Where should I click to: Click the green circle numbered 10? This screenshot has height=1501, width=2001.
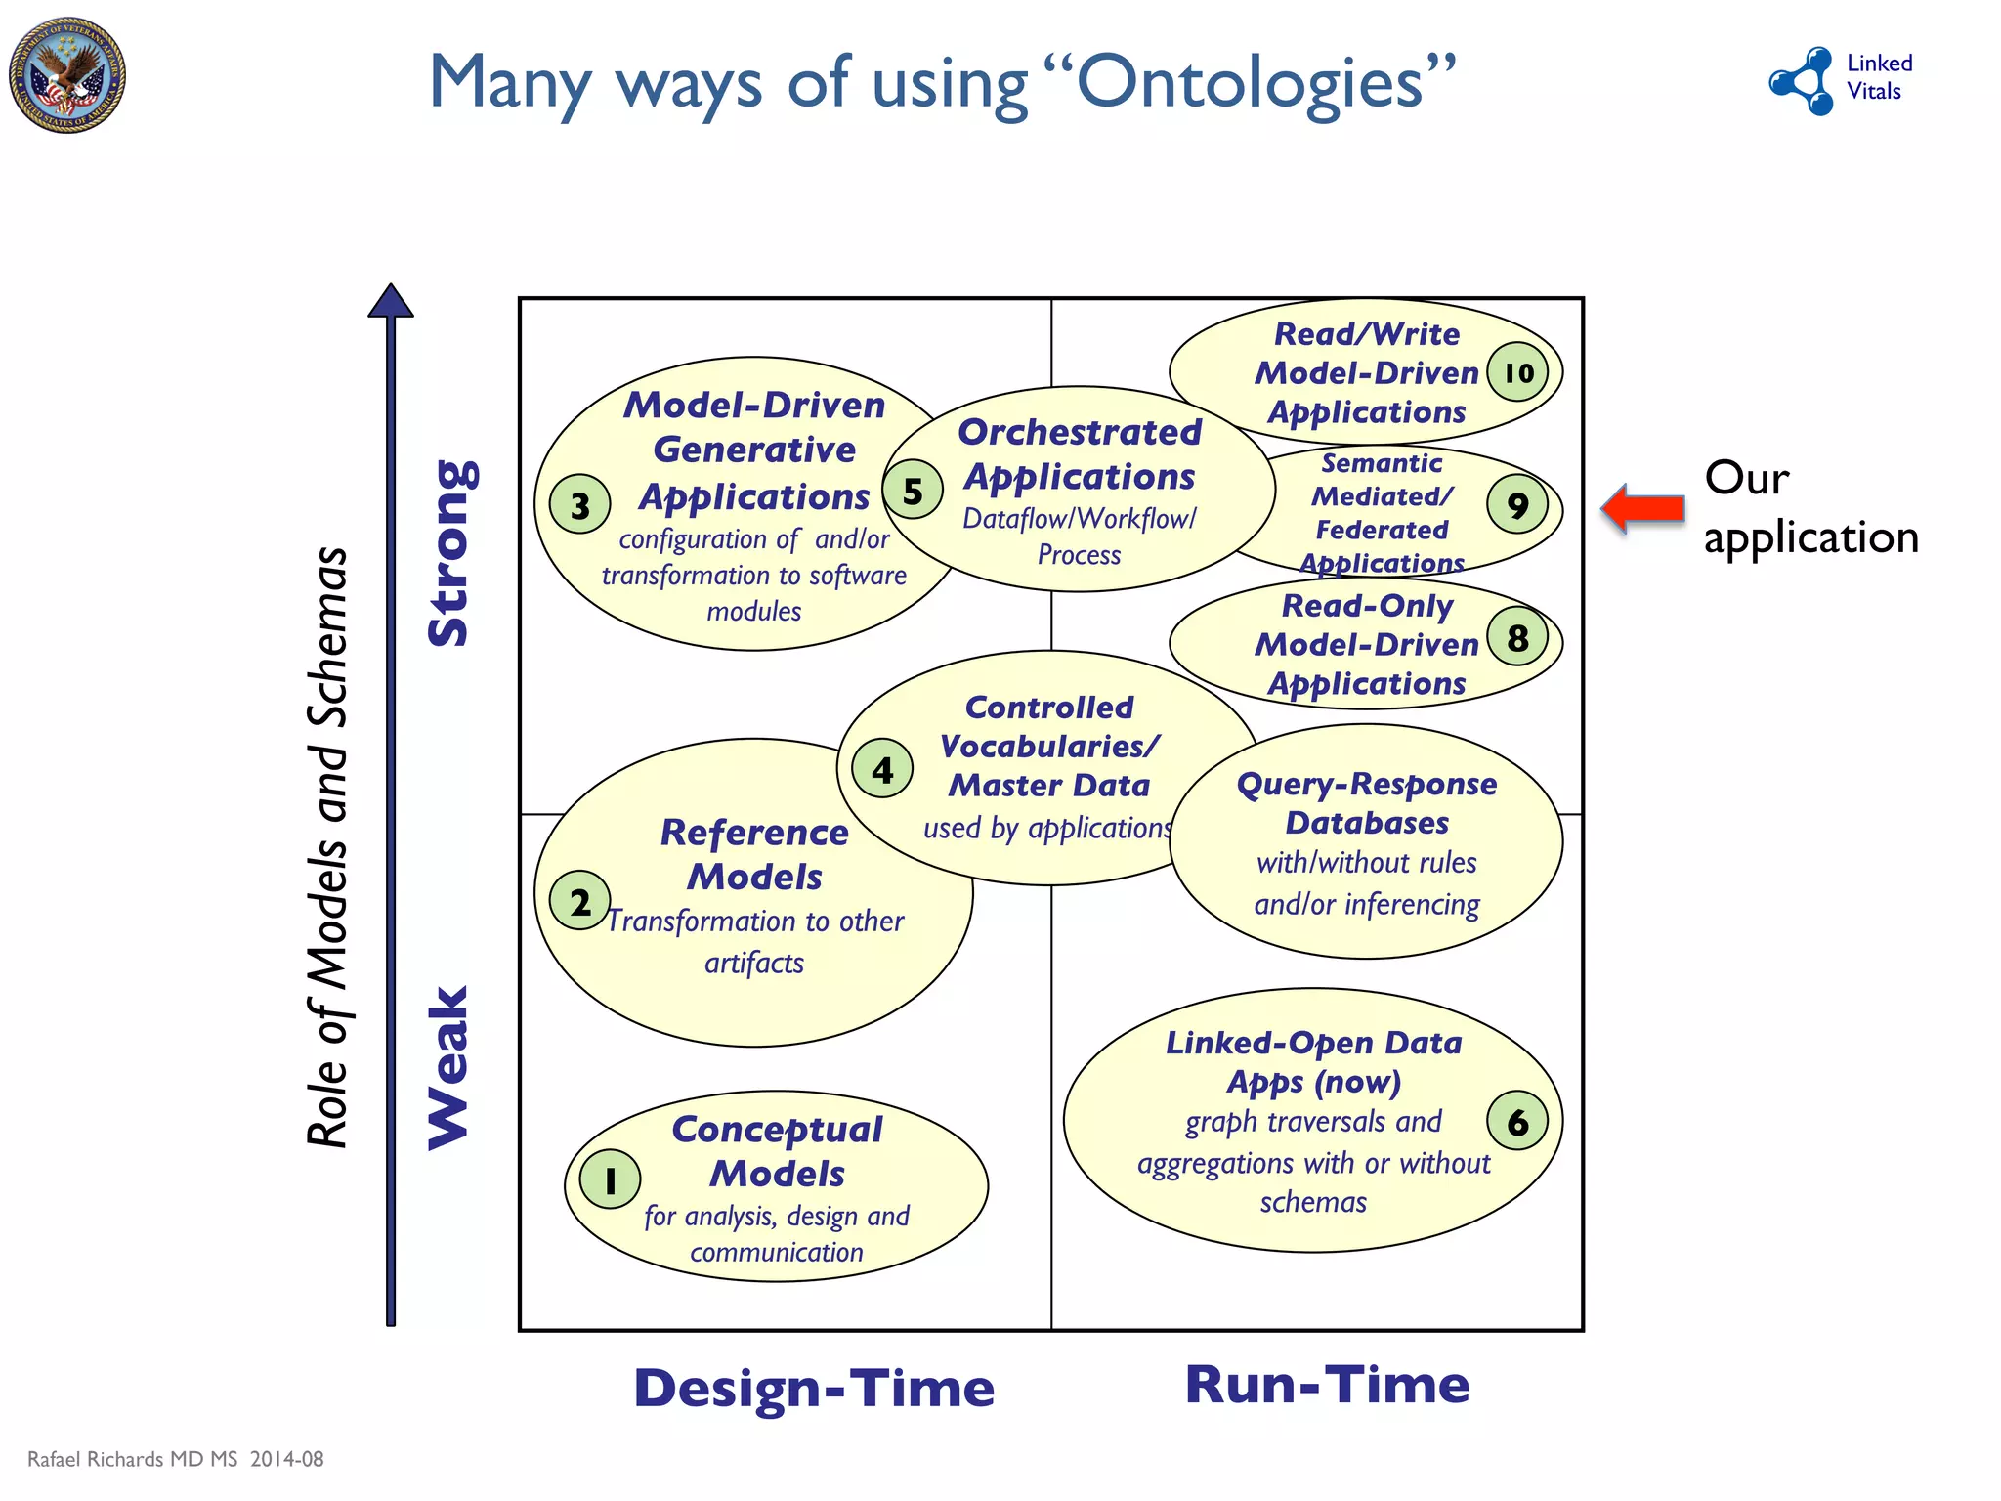pyautogui.click(x=1517, y=371)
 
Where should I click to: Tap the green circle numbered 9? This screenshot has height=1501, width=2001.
pyautogui.click(x=1517, y=504)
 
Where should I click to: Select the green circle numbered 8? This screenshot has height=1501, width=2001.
pyautogui.click(x=1517, y=637)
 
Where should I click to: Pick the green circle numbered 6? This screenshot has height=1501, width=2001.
pyautogui.click(x=1517, y=1122)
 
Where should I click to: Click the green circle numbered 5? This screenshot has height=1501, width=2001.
pyautogui.click(x=913, y=490)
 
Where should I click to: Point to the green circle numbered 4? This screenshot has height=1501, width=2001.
pyautogui.click(x=882, y=769)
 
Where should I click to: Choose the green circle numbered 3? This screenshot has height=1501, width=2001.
pyautogui.click(x=580, y=504)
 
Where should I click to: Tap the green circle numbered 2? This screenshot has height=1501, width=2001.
pyautogui.click(x=580, y=901)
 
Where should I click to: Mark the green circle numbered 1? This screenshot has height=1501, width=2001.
pyautogui.click(x=611, y=1180)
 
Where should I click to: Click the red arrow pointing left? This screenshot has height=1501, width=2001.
pyautogui.click(x=1643, y=508)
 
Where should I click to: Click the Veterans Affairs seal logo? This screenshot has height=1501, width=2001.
pyautogui.click(x=67, y=75)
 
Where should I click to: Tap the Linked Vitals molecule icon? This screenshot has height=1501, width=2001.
pyautogui.click(x=1804, y=80)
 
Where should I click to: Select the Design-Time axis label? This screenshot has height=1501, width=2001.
pyautogui.click(x=814, y=1388)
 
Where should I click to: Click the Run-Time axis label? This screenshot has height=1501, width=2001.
pyautogui.click(x=1327, y=1385)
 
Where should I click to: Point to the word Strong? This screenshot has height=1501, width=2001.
pyautogui.click(x=452, y=553)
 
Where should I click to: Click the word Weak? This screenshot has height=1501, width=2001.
pyautogui.click(x=450, y=1067)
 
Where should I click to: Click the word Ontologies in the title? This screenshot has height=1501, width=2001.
pyautogui.click(x=1249, y=83)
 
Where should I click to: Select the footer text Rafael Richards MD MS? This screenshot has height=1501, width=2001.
pyautogui.click(x=133, y=1459)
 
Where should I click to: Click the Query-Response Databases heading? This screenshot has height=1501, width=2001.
pyautogui.click(x=1366, y=802)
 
